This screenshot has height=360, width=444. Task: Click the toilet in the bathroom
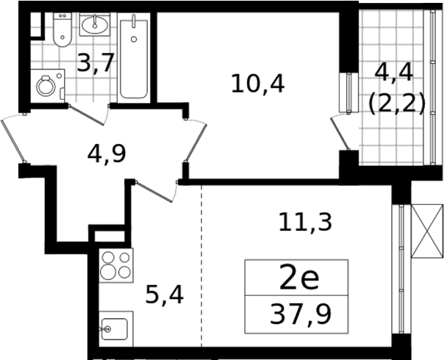(x=62, y=29)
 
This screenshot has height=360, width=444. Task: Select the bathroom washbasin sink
(x=95, y=24)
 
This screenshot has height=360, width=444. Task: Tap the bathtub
(x=134, y=59)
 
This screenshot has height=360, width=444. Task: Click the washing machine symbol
(x=48, y=86)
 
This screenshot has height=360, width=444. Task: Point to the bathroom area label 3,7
(x=96, y=62)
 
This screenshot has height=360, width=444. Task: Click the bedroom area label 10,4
(x=258, y=84)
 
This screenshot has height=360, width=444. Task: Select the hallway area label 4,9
(x=107, y=154)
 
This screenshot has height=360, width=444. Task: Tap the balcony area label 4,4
(x=394, y=73)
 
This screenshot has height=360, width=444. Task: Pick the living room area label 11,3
(x=305, y=223)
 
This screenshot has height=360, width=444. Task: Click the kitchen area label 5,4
(x=164, y=295)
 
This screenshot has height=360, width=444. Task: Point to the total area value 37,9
(x=301, y=314)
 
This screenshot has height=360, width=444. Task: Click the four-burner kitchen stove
(x=116, y=265)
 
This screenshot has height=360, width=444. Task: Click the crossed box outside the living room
(x=427, y=231)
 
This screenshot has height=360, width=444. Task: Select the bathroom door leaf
(x=86, y=115)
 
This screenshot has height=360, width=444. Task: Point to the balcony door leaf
(x=340, y=134)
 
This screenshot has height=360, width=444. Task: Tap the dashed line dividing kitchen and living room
(x=201, y=266)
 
